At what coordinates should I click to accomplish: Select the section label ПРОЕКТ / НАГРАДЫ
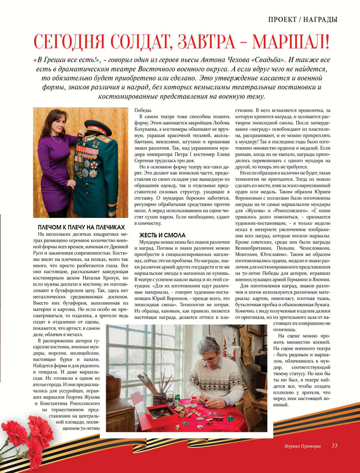pyautogui.click(x=303, y=19)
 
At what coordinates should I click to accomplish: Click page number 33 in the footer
pyautogui.click(x=334, y=446)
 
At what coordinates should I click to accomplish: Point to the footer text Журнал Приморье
pyautogui.click(x=302, y=446)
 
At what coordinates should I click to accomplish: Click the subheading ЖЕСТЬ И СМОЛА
pyautogui.click(x=162, y=235)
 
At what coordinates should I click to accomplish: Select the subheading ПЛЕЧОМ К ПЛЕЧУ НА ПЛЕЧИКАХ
pyautogui.click(x=81, y=227)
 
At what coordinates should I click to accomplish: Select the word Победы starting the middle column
pyautogui.click(x=143, y=110)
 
